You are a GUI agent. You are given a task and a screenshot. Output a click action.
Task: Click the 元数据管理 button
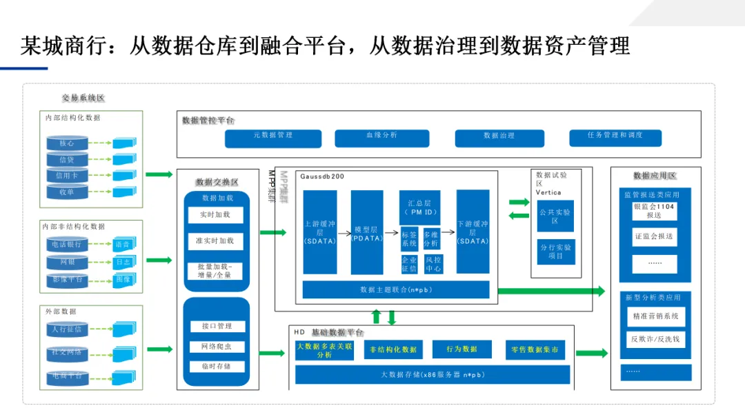[273, 138]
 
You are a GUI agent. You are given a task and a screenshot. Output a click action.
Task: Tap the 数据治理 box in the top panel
[499, 138]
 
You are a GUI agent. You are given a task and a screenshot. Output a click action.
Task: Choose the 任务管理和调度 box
[615, 138]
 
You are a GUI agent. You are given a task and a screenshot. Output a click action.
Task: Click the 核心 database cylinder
[67, 143]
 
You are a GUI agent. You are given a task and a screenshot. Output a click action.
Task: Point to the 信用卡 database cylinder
[67, 176]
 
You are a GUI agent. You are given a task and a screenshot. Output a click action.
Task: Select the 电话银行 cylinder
[67, 245]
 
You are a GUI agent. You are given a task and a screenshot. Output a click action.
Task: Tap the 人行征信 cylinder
[67, 329]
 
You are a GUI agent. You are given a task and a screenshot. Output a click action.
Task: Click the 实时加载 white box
[216, 215]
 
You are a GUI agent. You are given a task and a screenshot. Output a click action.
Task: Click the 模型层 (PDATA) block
[366, 232]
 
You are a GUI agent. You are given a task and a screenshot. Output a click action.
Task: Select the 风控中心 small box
[433, 264]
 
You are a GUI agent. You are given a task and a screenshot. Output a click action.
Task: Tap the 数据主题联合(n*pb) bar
[396, 289]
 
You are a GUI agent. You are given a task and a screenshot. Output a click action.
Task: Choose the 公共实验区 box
[555, 216]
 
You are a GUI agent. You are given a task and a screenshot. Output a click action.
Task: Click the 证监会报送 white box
[654, 236]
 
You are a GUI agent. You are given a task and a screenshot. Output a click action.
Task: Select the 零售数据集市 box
[535, 349]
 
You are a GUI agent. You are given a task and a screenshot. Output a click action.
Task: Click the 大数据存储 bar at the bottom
[433, 375]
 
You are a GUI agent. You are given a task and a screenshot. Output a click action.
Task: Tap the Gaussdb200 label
[322, 177]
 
